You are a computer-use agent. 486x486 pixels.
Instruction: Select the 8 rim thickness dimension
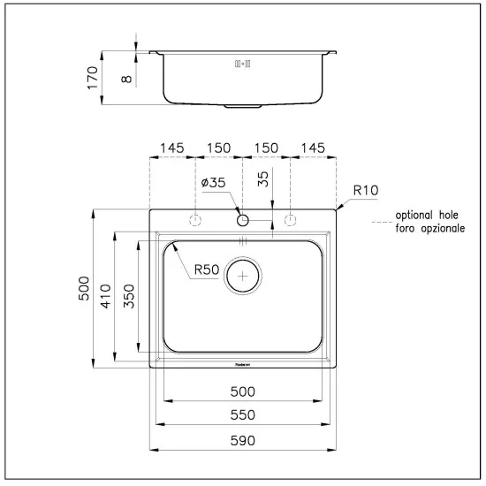tap(128, 79)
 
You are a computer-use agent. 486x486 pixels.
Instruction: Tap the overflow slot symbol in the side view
tap(242, 65)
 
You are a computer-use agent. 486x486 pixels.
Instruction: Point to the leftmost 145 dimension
tap(171, 148)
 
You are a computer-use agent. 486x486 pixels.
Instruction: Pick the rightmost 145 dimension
tap(314, 148)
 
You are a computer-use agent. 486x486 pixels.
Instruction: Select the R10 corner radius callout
tap(365, 189)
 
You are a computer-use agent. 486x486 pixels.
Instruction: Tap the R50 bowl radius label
tap(205, 271)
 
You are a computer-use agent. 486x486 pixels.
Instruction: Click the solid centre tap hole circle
tap(242, 219)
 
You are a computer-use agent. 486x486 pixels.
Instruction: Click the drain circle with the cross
tap(243, 275)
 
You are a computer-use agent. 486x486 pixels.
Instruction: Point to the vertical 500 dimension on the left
tap(85, 288)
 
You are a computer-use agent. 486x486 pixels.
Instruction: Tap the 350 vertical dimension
tap(128, 296)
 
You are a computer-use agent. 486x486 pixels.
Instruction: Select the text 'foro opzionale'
tap(429, 228)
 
